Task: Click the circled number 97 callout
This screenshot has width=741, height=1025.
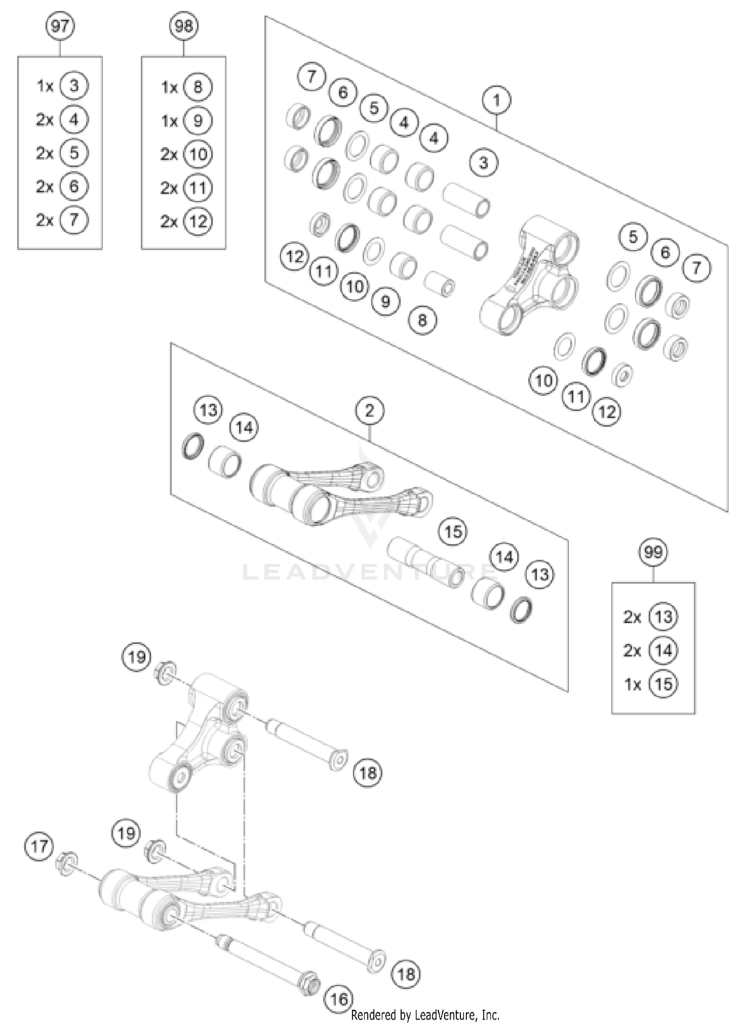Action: point(60,26)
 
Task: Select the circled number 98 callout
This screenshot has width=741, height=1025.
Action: point(184,26)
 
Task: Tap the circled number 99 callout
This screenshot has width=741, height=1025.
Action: point(653,552)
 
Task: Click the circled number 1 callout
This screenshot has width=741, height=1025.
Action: point(496,101)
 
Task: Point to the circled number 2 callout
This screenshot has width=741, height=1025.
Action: point(370,410)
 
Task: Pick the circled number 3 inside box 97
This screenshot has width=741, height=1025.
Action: point(74,86)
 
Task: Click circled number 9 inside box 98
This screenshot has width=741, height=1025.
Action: point(198,121)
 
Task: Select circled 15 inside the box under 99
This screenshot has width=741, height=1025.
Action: point(663,684)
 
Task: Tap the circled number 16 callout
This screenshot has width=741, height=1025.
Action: point(339,1000)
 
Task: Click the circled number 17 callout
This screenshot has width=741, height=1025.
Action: point(39,846)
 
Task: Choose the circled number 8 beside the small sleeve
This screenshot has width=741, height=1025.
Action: point(422,320)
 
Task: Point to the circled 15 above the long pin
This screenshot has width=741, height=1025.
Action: point(453,532)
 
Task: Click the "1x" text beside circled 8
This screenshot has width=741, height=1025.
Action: point(169,87)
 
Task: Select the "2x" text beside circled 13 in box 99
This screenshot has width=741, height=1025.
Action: point(632,617)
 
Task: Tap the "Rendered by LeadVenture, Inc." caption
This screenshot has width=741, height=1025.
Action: point(425,1015)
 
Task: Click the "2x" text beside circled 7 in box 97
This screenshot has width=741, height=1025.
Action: point(44,220)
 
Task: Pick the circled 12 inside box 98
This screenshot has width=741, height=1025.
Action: point(198,221)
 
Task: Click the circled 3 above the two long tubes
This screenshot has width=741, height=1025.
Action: point(483,163)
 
